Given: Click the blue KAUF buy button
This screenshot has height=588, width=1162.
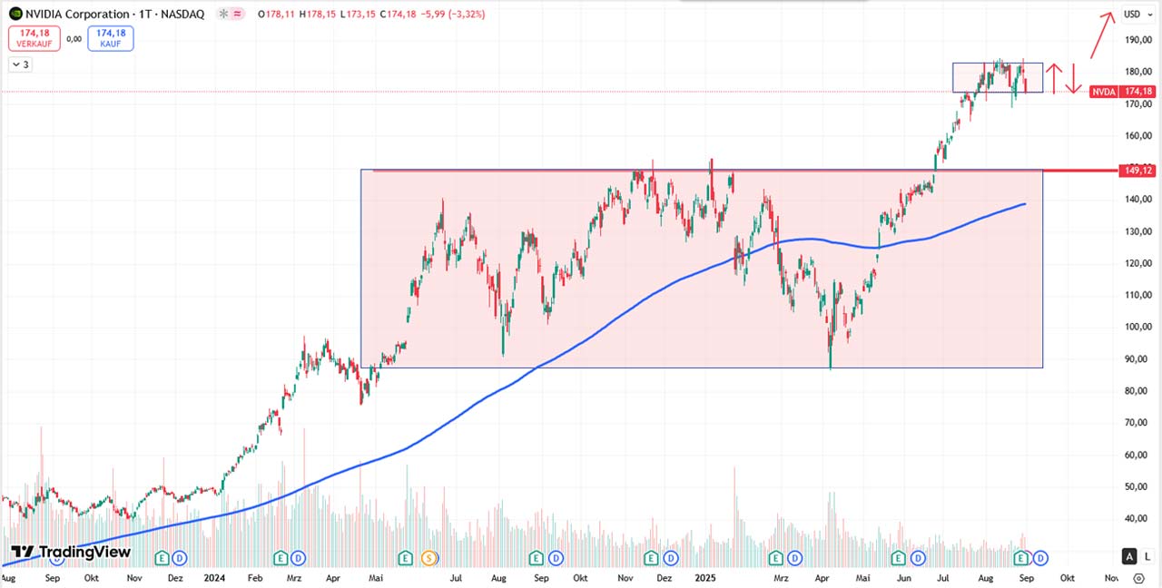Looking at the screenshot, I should point(111,38).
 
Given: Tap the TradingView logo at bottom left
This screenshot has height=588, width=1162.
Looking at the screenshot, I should point(71,552).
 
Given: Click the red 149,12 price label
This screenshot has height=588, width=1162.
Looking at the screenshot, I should point(1137,170).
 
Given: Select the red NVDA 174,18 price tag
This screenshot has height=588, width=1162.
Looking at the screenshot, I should point(1123,92).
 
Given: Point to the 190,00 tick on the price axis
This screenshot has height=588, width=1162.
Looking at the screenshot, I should point(1137,40).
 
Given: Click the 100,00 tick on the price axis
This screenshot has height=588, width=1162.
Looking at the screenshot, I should point(1137,327).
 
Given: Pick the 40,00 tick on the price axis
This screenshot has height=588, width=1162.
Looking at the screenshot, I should point(1137,519).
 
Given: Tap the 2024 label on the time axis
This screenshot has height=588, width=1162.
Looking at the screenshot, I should point(214,577).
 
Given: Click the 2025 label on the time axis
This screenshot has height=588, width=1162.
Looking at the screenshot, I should point(704,577).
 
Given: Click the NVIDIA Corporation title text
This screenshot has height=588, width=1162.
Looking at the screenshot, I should point(78,14).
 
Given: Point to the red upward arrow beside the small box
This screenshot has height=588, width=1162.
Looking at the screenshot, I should point(1053,79).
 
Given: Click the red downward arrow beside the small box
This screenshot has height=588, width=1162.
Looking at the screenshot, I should point(1074,79).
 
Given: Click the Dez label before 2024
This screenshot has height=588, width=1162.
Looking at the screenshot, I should point(175,577).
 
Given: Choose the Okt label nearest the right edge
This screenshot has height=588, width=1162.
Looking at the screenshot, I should point(1067,577).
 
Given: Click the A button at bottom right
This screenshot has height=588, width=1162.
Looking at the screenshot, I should point(1129,556).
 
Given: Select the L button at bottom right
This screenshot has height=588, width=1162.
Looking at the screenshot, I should point(1147,556).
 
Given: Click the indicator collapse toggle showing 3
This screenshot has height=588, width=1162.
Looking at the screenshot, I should point(21,64).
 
